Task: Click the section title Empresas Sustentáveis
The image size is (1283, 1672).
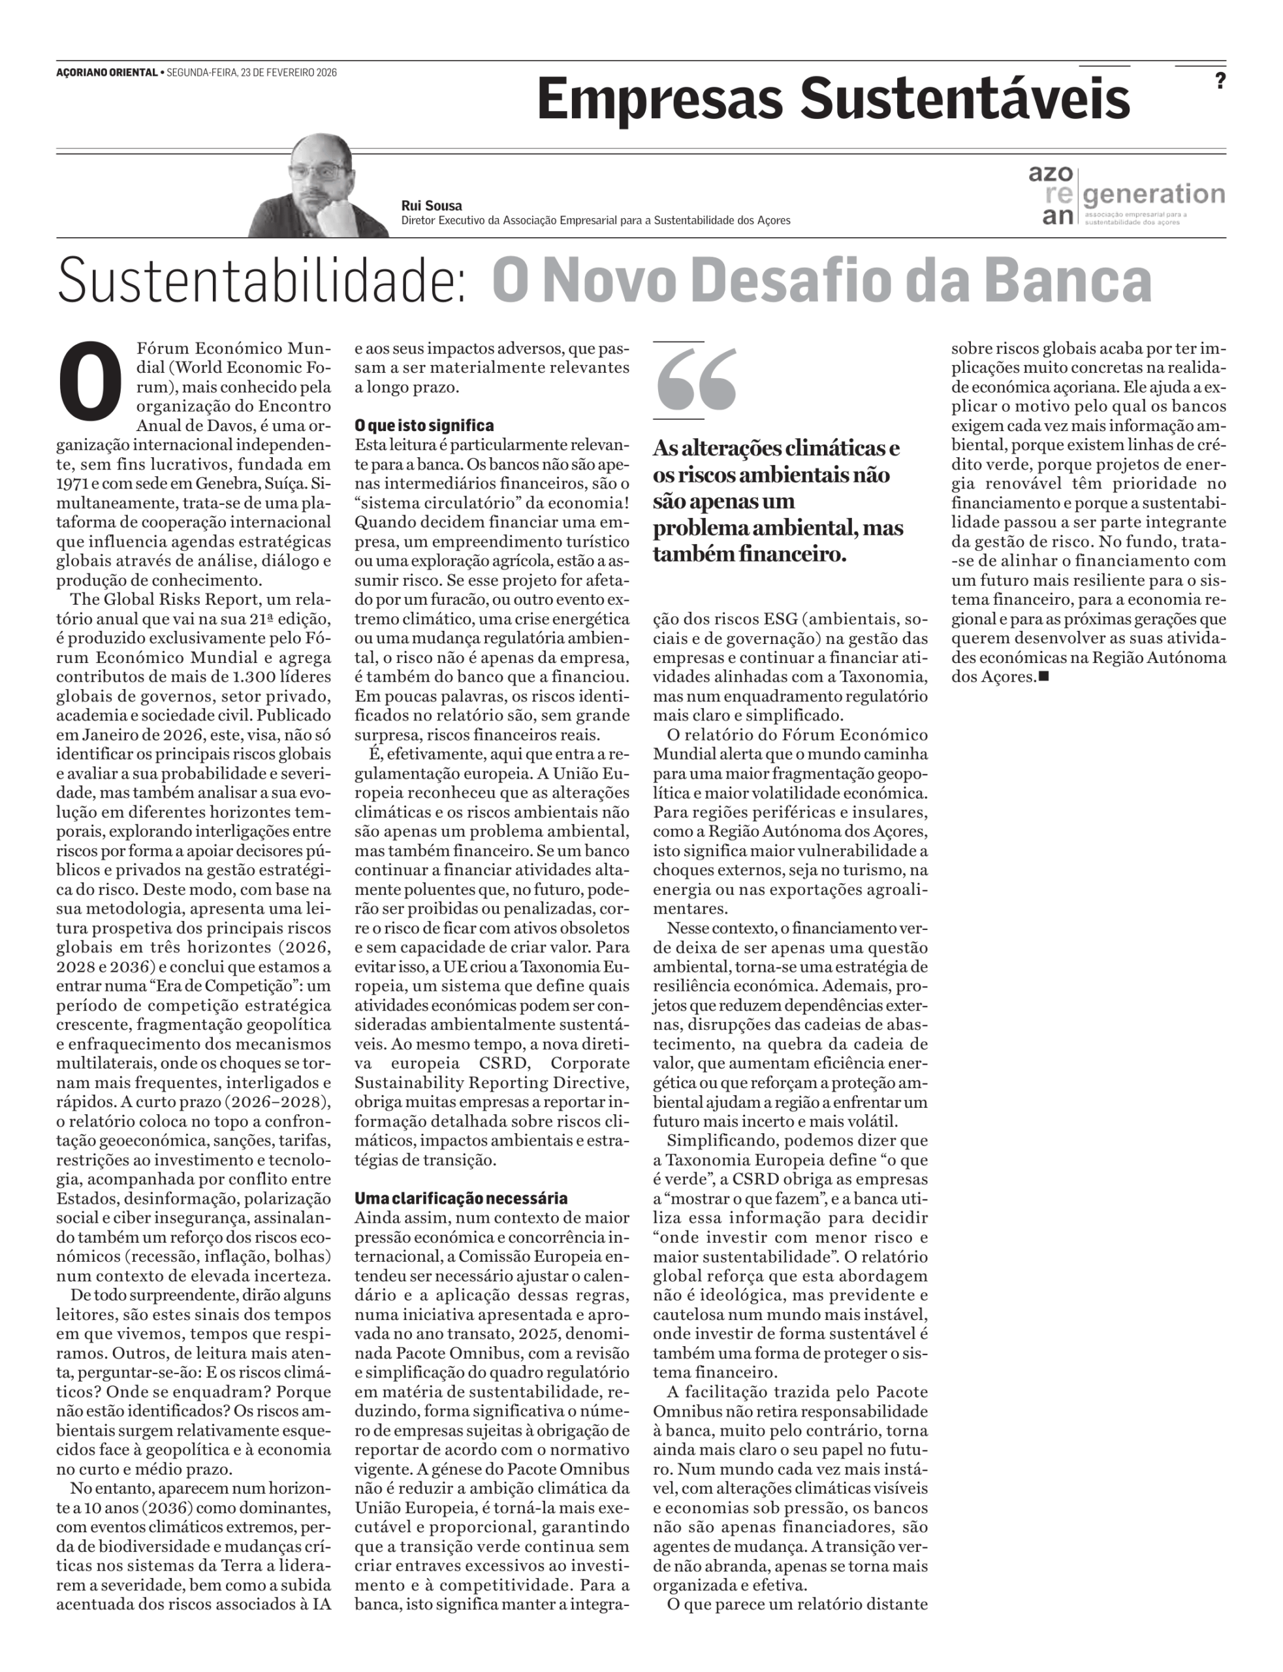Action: tap(832, 99)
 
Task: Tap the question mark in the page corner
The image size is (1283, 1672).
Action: tap(1220, 81)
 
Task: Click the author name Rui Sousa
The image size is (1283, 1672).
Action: tap(432, 206)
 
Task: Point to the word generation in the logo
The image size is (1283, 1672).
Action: tap(1154, 194)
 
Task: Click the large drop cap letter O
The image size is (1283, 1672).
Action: tap(90, 379)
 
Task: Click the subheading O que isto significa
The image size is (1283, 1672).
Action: tap(424, 425)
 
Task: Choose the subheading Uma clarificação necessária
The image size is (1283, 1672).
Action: tap(460, 1198)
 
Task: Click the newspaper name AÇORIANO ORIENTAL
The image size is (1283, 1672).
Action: tap(106, 72)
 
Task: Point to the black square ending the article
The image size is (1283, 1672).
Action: tap(1044, 676)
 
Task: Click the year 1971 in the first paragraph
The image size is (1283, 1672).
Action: tap(72, 483)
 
